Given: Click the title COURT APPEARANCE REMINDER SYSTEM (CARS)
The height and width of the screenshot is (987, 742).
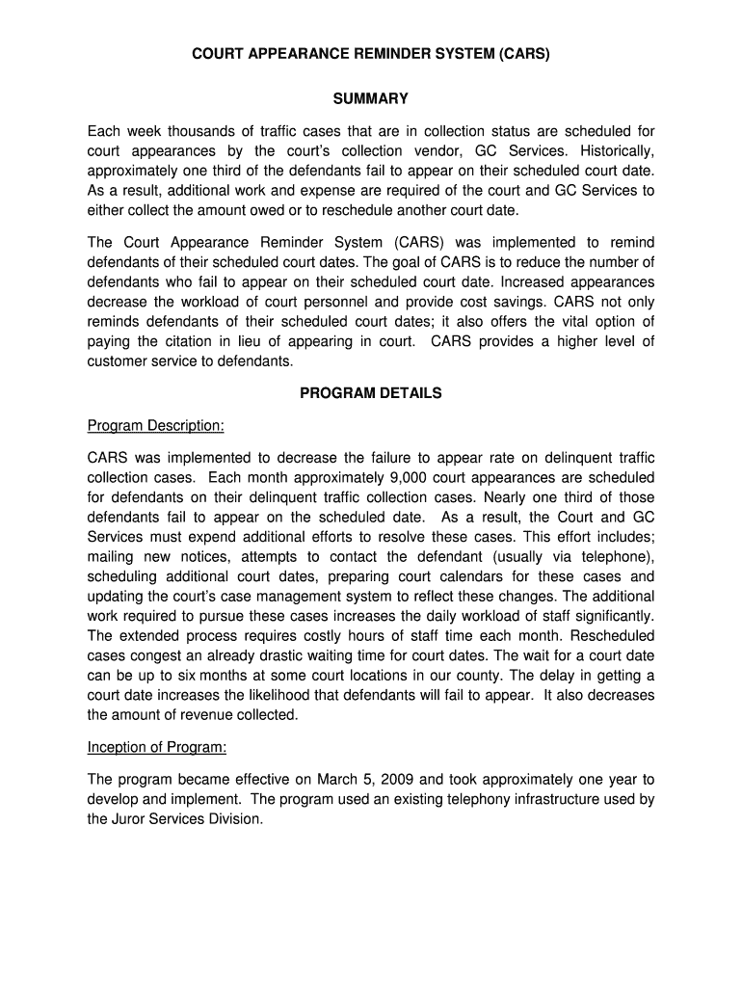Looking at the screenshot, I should pos(371,55).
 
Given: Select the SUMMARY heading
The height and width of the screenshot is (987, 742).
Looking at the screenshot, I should pos(371,99).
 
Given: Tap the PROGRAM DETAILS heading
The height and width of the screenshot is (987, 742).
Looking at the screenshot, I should pos(371,393).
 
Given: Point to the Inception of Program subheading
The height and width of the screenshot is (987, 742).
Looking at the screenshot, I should pos(157,747).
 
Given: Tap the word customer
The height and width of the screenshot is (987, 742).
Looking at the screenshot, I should pos(118,361).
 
